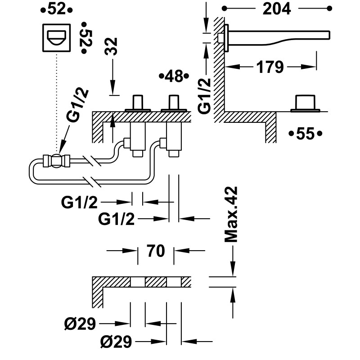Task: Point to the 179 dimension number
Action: coord(270,67)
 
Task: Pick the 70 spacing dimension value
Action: coord(155,250)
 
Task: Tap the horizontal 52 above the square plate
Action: coord(56,9)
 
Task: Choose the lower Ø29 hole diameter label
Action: coord(116,342)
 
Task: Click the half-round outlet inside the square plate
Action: coord(57,38)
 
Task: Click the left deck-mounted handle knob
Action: coord(138,103)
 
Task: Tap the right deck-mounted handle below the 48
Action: coord(175,103)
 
